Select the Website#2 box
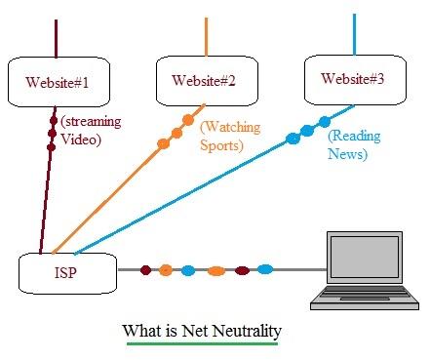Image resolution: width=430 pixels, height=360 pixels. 203,80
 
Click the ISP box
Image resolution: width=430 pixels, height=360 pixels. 67,272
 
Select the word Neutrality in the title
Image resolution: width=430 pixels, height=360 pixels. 244,332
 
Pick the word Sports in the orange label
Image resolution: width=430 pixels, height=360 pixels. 222,147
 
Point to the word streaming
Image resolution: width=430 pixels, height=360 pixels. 94,122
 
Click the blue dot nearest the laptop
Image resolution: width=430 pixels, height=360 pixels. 264,269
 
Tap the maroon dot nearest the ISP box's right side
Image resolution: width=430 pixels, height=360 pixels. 145,269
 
